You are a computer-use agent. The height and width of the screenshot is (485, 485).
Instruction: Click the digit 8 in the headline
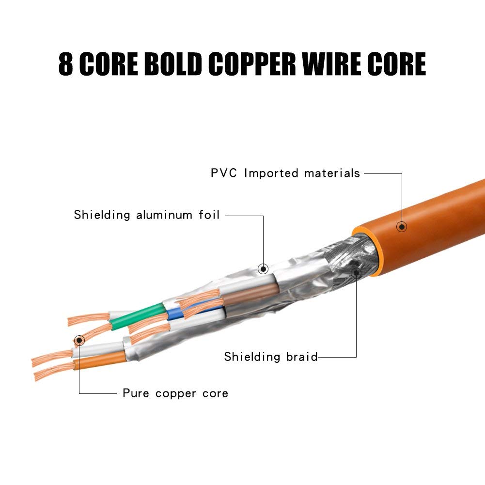click(x=66, y=64)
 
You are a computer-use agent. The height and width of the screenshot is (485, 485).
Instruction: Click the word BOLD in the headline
click(x=172, y=64)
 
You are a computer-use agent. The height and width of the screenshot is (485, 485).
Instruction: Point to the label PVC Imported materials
click(x=285, y=173)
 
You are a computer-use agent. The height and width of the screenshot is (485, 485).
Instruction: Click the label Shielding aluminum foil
click(x=147, y=215)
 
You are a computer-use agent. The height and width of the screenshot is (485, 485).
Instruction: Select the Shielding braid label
click(x=270, y=357)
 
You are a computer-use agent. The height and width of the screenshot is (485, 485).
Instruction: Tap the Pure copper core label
click(x=175, y=393)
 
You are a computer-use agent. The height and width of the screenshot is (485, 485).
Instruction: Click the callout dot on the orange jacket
click(x=401, y=226)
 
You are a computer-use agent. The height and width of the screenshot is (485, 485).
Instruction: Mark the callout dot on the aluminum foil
click(x=263, y=268)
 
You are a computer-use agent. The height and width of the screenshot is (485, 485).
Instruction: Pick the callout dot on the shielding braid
click(x=356, y=273)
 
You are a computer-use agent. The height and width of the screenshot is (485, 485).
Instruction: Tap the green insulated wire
click(x=138, y=317)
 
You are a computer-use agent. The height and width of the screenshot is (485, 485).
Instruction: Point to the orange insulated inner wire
click(x=99, y=361)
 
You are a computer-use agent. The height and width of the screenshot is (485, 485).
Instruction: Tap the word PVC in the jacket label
click(x=224, y=173)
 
